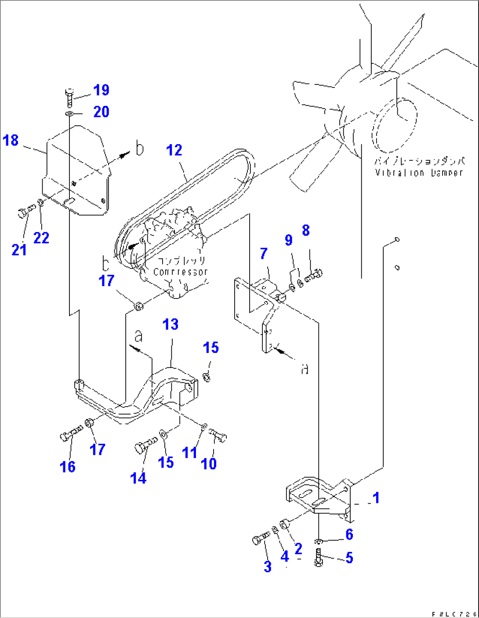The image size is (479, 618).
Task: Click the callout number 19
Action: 101,90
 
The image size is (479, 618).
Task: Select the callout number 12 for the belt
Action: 174,150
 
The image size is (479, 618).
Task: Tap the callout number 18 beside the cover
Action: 11,141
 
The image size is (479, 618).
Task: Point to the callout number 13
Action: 171,325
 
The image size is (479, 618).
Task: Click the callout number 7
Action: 263,254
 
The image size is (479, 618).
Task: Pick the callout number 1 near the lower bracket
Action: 376,498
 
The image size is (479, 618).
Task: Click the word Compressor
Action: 180,272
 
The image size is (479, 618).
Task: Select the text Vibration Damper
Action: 419,173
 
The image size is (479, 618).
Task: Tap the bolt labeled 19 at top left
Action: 69,97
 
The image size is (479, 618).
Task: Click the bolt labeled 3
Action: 261,538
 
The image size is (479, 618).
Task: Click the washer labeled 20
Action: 69,114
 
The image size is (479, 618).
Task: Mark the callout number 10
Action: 208,463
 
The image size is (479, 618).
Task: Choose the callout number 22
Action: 41,238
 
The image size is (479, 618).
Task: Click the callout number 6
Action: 349,534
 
